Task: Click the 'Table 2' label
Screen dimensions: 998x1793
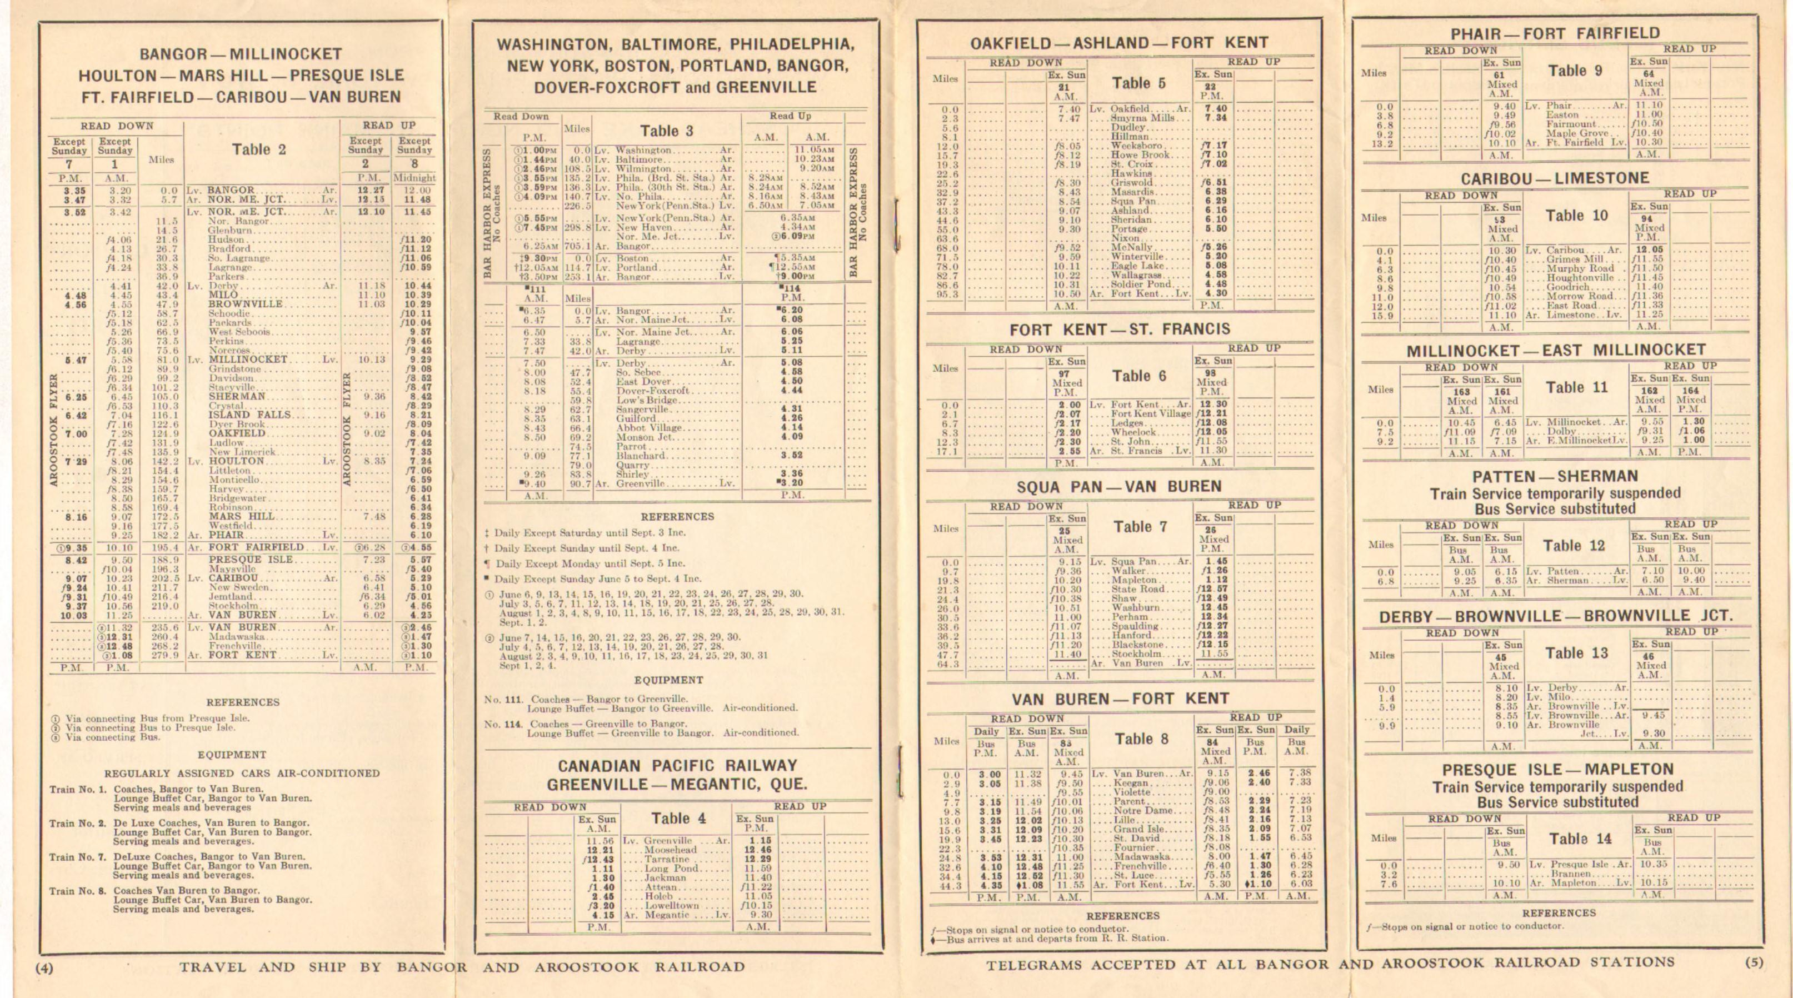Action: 259,149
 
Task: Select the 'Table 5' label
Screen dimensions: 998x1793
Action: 1138,83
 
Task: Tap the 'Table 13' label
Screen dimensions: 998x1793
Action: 1576,653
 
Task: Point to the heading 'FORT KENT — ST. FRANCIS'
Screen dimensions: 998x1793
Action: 1119,329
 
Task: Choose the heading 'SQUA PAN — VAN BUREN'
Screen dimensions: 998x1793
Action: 1118,486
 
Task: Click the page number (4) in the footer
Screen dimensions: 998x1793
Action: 44,967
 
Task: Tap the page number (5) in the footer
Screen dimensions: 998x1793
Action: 1754,962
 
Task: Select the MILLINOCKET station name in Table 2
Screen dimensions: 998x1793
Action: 247,360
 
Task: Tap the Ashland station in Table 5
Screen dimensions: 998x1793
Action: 1130,211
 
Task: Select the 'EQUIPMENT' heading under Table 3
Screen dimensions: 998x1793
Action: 668,680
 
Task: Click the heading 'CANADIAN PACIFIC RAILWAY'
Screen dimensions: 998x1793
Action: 677,766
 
